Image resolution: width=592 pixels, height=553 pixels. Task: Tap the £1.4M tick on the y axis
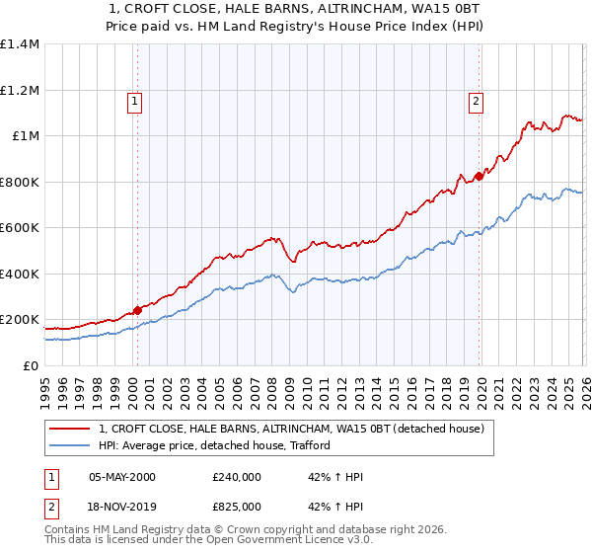[x=20, y=44]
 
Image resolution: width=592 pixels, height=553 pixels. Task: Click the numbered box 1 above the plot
[x=133, y=99]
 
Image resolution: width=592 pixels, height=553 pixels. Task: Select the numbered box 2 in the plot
[x=476, y=99]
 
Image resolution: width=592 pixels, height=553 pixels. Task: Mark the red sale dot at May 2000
[x=137, y=310]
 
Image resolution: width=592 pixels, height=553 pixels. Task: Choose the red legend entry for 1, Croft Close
[x=291, y=430]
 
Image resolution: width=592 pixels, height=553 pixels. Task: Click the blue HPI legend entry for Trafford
[x=214, y=445]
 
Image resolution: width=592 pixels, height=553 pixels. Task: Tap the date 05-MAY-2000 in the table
[x=122, y=477]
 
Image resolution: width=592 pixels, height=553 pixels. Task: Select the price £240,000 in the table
[x=237, y=477]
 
